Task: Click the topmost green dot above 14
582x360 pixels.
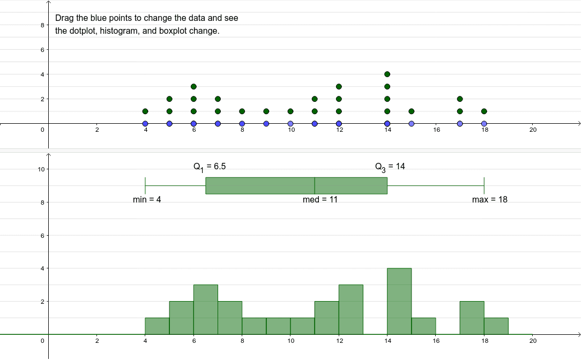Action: click(387, 74)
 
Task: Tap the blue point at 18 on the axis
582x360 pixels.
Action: click(484, 124)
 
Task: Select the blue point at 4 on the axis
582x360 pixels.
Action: click(145, 124)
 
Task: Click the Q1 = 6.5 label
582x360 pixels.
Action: click(210, 167)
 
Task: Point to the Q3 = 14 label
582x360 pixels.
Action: click(390, 167)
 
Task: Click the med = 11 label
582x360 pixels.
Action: click(320, 200)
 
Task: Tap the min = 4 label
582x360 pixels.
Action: click(147, 200)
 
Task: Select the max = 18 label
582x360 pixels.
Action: click(489, 200)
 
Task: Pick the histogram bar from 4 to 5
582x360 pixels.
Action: click(157, 326)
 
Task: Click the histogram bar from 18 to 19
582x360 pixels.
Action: click(496, 326)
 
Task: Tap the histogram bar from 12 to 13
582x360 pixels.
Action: click(351, 310)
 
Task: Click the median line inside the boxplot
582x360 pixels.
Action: click(315, 185)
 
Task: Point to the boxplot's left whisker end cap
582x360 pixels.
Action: click(145, 185)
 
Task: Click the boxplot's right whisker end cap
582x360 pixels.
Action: click(484, 185)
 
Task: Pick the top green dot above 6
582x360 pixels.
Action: click(193, 87)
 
